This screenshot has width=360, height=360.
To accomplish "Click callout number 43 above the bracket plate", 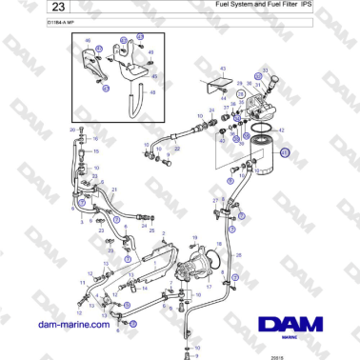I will pos(222,70).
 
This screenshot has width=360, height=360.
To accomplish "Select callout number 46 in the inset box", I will pos(88,43).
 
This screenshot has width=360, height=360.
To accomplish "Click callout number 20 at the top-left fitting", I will pos(71,129).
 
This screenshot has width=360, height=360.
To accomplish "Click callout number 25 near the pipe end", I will pos(150,230).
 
